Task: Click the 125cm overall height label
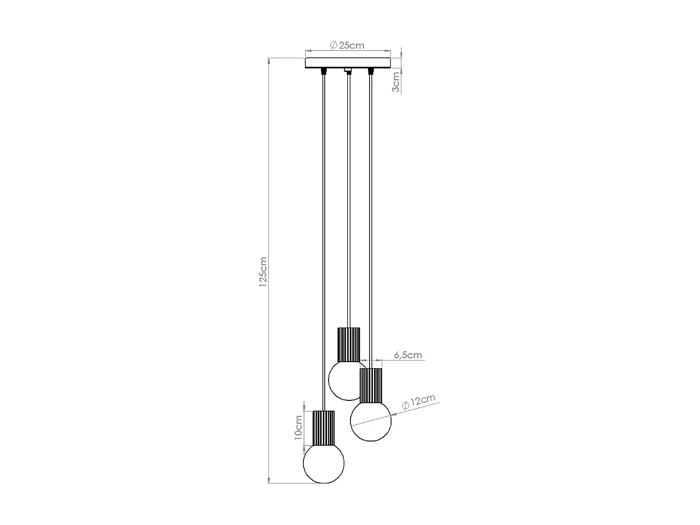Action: pyautogui.click(x=263, y=271)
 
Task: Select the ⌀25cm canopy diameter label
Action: pyautogui.click(x=347, y=45)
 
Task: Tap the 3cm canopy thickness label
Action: pyautogui.click(x=396, y=82)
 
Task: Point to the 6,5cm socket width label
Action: pyautogui.click(x=408, y=355)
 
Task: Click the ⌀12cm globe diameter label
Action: pyautogui.click(x=419, y=402)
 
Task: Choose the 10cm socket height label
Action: pyautogui.click(x=299, y=428)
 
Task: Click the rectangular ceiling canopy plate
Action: pyautogui.click(x=348, y=63)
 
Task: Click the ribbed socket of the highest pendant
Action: pyautogui.click(x=349, y=344)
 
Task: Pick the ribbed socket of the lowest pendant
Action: pyautogui.click(x=324, y=428)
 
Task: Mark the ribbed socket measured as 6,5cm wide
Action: pyautogui.click(x=371, y=385)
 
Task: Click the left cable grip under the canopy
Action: pyautogui.click(x=323, y=72)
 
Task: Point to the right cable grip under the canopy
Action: pyautogui.click(x=371, y=71)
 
